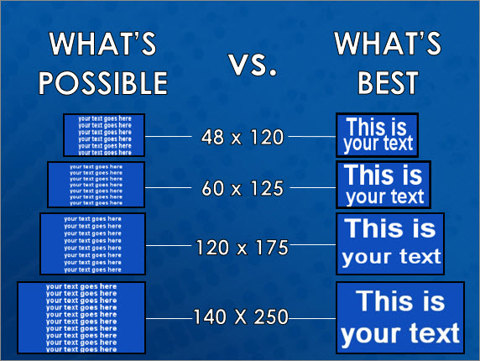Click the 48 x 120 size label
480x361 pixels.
243,137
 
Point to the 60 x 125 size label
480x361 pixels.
243,188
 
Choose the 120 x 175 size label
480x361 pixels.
243,247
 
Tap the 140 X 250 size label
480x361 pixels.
241,317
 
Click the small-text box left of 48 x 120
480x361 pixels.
105,134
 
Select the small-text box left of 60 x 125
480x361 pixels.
97,185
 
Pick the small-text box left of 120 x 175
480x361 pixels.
93,243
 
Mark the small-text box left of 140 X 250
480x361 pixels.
81,316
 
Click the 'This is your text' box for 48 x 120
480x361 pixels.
378,136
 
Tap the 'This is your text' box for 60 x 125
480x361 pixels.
383,185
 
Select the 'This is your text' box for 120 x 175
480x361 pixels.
389,243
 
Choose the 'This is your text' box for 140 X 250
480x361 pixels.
399,317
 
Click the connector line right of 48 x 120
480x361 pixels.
311,137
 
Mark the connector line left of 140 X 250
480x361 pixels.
169,317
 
